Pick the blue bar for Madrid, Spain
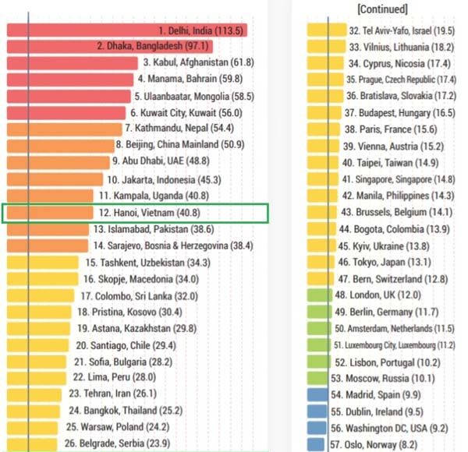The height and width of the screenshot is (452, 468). click(x=317, y=395)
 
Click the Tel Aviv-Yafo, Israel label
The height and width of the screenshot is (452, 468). click(x=402, y=30)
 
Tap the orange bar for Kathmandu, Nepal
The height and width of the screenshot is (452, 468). click(x=62, y=129)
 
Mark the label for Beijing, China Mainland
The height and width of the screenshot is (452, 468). click(x=180, y=145)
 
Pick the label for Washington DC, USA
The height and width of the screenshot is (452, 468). click(x=389, y=429)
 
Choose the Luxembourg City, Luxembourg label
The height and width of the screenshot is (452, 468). click(x=395, y=345)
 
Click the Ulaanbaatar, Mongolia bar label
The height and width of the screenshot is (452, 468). click(x=194, y=96)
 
